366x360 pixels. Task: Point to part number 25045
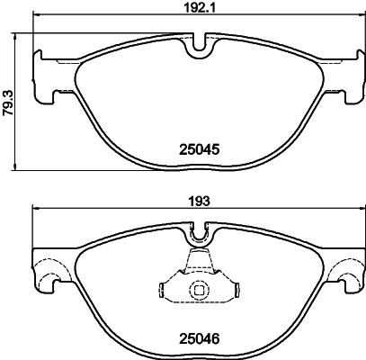[x=198, y=151]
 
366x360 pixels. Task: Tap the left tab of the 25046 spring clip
[x=164, y=291]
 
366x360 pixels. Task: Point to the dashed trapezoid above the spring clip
[x=199, y=264]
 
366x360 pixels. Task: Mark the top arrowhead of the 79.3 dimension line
[x=19, y=33]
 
